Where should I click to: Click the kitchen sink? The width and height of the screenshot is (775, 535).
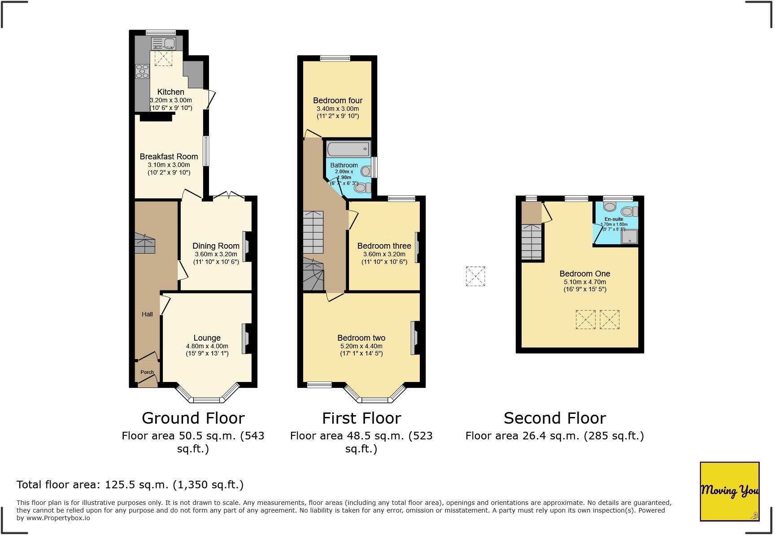[x=164, y=44]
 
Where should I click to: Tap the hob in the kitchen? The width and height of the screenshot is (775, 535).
[x=142, y=71]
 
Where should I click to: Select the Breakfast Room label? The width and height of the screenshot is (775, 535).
[x=169, y=157]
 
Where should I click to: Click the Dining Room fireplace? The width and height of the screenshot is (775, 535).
[x=246, y=246]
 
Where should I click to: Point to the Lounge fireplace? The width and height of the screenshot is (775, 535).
[x=246, y=338]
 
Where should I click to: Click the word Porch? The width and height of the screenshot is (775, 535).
[x=147, y=372]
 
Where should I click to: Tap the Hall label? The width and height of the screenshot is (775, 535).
[x=147, y=314]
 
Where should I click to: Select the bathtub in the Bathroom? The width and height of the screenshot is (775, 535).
[x=348, y=149]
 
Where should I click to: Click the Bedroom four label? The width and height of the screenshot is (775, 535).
[x=338, y=101]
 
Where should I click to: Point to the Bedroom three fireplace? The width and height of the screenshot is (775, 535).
[x=417, y=247]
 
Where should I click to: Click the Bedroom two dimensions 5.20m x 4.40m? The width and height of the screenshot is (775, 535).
[x=361, y=346]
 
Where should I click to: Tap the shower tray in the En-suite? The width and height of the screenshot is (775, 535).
[x=629, y=237]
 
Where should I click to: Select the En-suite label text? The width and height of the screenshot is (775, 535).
[x=614, y=219]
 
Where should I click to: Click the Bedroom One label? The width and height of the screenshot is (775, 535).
[x=584, y=274]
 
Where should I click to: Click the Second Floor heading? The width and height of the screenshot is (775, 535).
[x=555, y=418]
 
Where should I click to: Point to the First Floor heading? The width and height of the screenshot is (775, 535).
[x=361, y=418]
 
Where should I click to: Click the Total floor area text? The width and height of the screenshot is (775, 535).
[x=130, y=485]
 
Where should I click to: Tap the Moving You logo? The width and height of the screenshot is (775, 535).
[x=729, y=491]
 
